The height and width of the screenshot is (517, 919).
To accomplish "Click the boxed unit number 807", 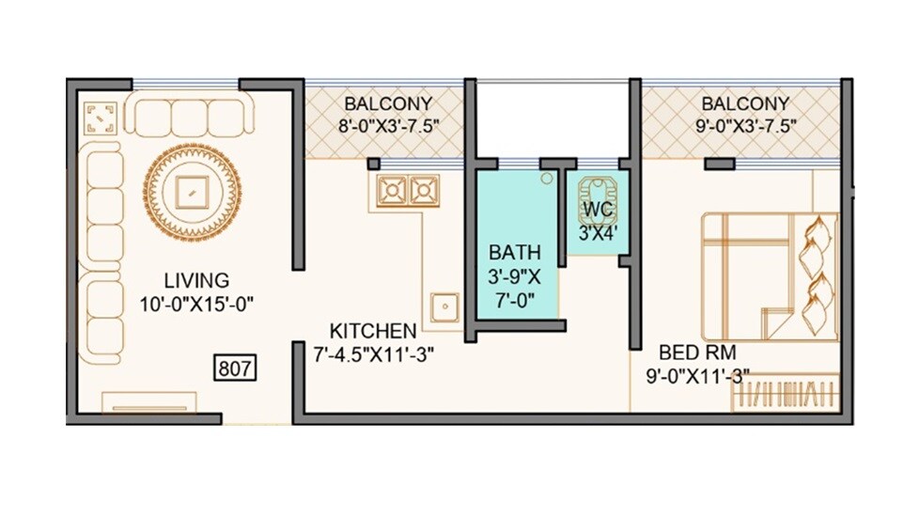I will pos(236,368).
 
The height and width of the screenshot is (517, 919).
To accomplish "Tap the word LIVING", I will pos(195,280).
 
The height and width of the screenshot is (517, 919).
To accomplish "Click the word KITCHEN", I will pos(372,331).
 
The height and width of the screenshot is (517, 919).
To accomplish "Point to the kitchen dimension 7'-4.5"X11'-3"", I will pos(372,354).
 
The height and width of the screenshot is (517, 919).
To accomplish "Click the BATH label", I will pos(514,252).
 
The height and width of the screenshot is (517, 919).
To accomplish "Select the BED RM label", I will pos(694,353).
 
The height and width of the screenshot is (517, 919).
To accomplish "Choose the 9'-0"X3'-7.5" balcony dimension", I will pos(745,125).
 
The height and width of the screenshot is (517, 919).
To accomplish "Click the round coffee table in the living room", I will pos(194,190).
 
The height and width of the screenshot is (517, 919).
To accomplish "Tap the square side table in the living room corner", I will pos(100,118).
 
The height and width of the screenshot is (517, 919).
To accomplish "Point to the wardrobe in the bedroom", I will pos(785,392).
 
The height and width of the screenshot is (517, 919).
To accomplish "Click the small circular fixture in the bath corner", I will pos(546,177).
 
